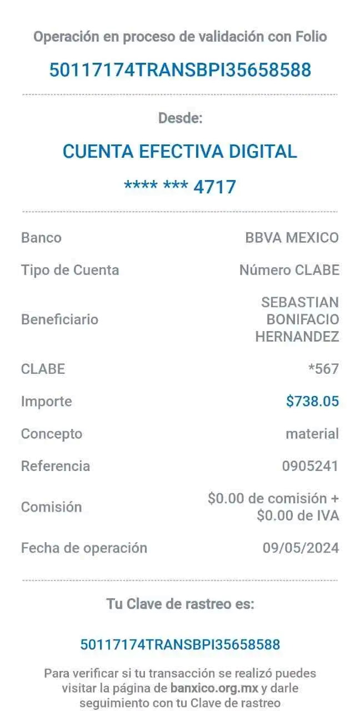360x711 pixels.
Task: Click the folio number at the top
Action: click(x=180, y=71)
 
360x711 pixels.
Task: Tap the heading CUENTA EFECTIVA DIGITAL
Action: click(x=180, y=151)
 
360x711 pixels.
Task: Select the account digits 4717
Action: click(x=215, y=187)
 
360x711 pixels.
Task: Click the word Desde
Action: click(x=180, y=118)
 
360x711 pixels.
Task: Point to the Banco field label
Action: click(x=41, y=238)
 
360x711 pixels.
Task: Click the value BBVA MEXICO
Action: click(x=292, y=238)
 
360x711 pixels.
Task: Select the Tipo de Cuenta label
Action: click(x=70, y=271)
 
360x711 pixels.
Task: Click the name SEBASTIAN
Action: click(x=300, y=302)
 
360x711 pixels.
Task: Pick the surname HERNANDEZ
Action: click(x=297, y=336)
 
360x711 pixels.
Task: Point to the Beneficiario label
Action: click(x=59, y=319)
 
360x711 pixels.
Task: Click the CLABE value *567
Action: click(x=323, y=368)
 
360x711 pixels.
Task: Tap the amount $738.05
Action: click(x=312, y=401)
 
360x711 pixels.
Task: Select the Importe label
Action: click(x=46, y=401)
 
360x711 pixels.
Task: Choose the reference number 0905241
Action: click(x=309, y=466)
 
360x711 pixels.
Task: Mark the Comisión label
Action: click(x=51, y=507)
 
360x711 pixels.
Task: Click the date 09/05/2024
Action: click(x=301, y=548)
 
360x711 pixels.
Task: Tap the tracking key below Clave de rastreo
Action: click(x=180, y=644)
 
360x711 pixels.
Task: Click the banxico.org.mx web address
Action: click(x=214, y=689)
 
